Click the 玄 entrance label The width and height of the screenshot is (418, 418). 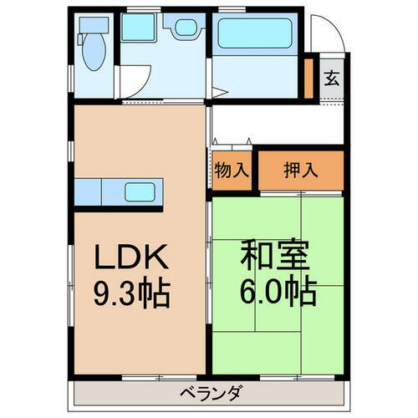(332, 80)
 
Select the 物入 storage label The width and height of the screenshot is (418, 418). (232, 170)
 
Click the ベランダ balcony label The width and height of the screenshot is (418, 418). (211, 392)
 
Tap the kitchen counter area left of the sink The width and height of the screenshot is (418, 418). (99, 192)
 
